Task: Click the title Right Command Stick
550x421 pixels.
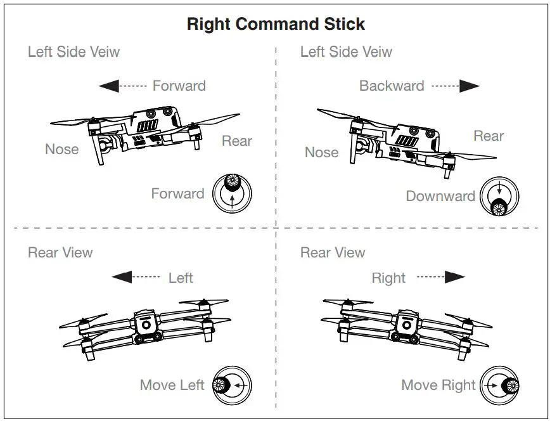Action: click(x=276, y=24)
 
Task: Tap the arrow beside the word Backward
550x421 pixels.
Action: click(x=456, y=86)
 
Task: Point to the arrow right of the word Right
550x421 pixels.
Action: click(x=441, y=277)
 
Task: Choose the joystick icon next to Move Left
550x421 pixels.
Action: click(x=232, y=385)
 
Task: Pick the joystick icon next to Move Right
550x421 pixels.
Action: click(x=500, y=385)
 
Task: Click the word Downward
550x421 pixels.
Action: click(x=440, y=196)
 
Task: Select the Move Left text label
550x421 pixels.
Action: click(x=172, y=385)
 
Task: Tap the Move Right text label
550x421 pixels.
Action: click(x=438, y=385)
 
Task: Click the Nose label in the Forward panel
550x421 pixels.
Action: click(x=61, y=150)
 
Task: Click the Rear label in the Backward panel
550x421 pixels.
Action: click(x=489, y=136)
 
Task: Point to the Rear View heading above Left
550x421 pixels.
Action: click(x=60, y=252)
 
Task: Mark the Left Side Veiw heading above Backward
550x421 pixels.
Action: click(x=346, y=52)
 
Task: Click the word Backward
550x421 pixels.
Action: click(x=392, y=86)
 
